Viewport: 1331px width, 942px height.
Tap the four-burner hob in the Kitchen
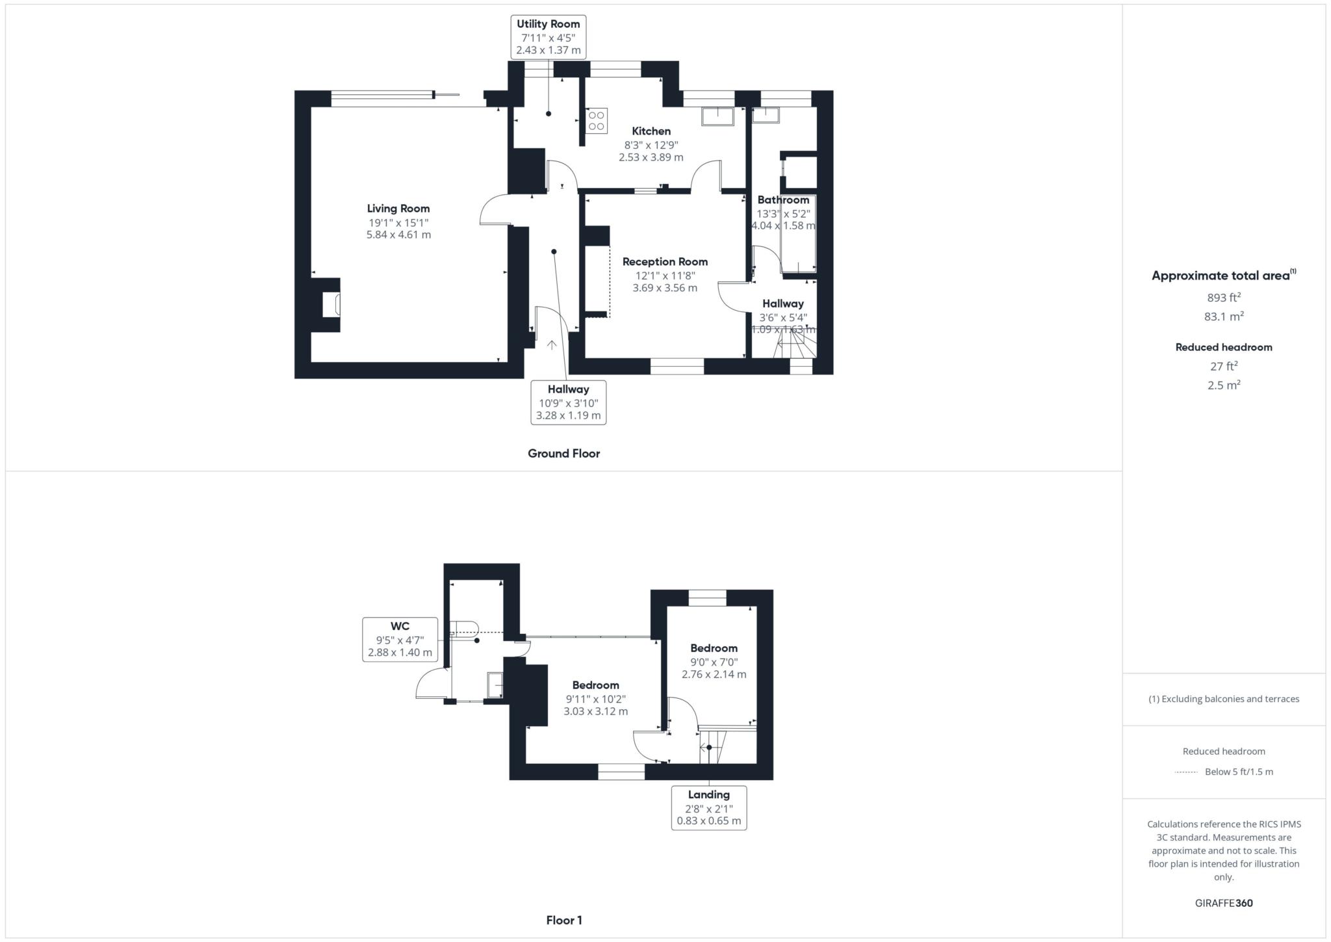coord(596,121)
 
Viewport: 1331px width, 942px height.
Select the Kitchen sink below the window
coord(717,117)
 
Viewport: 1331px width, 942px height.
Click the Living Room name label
coord(398,209)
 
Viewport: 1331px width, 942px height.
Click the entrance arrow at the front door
coord(551,345)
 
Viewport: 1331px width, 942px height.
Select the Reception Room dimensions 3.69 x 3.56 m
coord(665,288)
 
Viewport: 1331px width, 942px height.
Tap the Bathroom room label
coord(783,200)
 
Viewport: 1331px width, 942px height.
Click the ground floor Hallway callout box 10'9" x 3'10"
coord(568,402)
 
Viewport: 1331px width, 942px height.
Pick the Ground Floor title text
coord(563,454)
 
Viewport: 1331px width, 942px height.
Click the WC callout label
coord(400,639)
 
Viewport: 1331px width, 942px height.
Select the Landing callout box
coord(708,807)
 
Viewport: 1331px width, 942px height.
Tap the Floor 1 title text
coord(563,921)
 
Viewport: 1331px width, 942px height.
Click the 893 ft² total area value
coord(1223,298)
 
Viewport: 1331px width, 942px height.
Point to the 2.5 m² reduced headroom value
coord(1223,385)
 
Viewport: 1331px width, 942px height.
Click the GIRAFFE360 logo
coord(1223,903)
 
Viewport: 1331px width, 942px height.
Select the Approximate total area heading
coord(1221,276)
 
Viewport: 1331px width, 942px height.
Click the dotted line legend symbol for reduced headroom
coord(1186,772)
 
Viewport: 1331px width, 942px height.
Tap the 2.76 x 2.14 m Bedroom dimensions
coord(714,675)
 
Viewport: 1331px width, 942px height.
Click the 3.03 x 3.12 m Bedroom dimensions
coord(595,711)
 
